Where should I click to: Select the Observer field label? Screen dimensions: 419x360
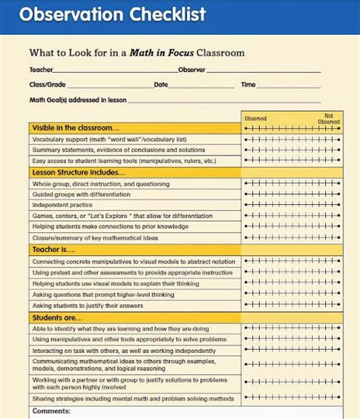pyautogui.click(x=191, y=70)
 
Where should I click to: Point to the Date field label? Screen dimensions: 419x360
pyautogui.click(x=161, y=85)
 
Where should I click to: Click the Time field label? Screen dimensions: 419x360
pyautogui.click(x=248, y=85)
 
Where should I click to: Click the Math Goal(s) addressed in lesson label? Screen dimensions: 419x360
pyautogui.click(x=77, y=99)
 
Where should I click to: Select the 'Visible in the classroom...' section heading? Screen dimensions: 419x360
pyautogui.click(x=75, y=128)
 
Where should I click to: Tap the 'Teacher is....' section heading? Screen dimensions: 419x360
pyautogui.click(x=54, y=249)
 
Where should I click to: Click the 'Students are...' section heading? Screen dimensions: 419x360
pyautogui.click(x=58, y=317)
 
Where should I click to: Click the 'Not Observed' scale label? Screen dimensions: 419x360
pyautogui.click(x=328, y=118)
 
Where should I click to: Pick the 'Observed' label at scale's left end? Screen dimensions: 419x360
pyautogui.click(x=255, y=118)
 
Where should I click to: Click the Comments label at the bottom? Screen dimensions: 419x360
pyautogui.click(x=52, y=411)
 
